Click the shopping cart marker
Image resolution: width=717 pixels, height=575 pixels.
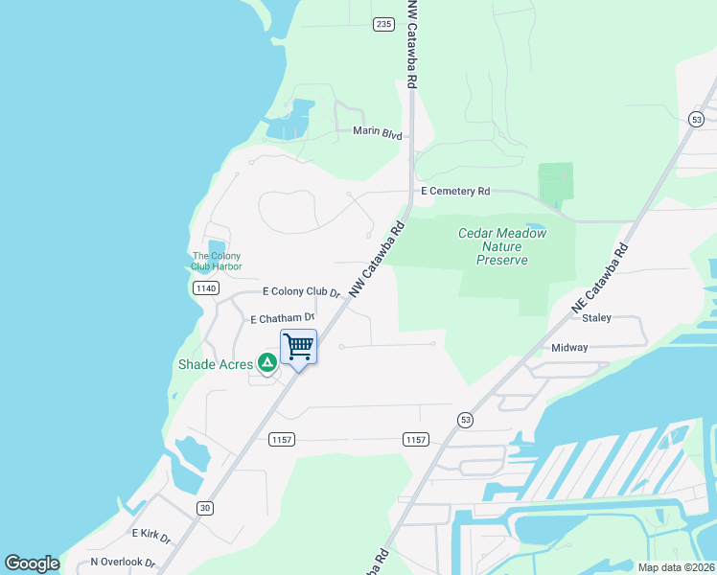click(x=298, y=347)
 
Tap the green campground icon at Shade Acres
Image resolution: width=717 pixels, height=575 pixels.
click(x=267, y=362)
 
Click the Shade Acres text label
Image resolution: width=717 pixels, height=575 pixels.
click(x=216, y=364)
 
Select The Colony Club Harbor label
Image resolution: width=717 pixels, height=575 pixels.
click(x=217, y=261)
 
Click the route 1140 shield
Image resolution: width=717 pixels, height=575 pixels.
click(x=205, y=287)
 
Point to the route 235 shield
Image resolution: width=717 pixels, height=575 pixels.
click(x=384, y=24)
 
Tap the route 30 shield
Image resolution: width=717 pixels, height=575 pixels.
click(x=204, y=508)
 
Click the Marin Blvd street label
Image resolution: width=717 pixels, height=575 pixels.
click(x=377, y=132)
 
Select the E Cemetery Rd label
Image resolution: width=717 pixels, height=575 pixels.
click(x=454, y=192)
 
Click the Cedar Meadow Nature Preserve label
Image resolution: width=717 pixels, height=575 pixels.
click(x=501, y=246)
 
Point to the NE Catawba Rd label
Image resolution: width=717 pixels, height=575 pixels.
click(x=600, y=277)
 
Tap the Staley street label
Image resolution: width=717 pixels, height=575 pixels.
click(x=595, y=317)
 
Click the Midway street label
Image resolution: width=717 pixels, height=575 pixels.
click(x=569, y=348)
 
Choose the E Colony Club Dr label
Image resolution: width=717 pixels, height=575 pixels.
click(x=301, y=291)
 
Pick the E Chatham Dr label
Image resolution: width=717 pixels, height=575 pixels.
click(x=283, y=318)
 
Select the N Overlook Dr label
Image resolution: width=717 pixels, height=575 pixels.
click(x=123, y=563)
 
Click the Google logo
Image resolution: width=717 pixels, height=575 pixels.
click(x=32, y=563)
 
